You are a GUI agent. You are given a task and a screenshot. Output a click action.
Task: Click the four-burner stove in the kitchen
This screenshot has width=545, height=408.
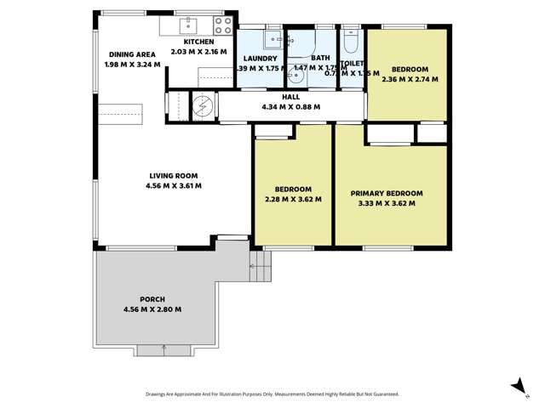tap(223, 25)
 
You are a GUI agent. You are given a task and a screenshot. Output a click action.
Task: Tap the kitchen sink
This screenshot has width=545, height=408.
tap(188, 24)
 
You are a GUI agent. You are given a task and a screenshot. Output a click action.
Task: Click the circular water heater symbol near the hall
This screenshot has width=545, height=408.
tap(203, 106)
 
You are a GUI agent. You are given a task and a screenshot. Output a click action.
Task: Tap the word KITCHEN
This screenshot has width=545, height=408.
tap(199, 42)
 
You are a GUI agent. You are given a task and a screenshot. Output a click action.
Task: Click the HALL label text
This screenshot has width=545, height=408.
tap(267, 98)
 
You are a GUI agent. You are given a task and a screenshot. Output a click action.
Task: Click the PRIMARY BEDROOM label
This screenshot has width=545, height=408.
tap(387, 194)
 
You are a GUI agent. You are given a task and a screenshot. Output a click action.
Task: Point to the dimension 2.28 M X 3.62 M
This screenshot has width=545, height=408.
tap(293, 200)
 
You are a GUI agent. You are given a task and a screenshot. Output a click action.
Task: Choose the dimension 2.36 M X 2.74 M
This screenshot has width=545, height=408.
tap(410, 79)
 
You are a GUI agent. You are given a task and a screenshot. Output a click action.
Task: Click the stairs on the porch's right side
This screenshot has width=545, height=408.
tap(261, 268)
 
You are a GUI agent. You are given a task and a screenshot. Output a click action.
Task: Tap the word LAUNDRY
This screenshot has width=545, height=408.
tap(260, 59)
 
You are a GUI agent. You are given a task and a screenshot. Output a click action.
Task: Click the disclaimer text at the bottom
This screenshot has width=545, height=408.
tap(272, 394)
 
